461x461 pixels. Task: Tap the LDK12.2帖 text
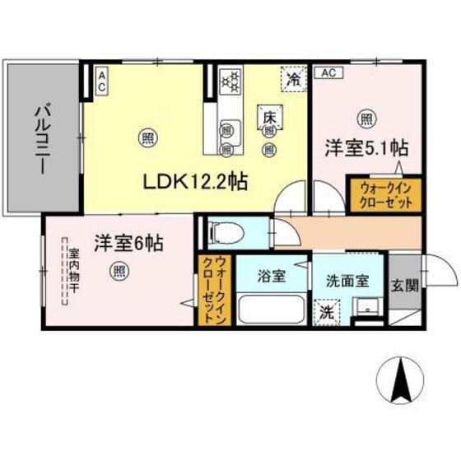pyautogui.click(x=193, y=179)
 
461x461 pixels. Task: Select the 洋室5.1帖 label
pyautogui.click(x=366, y=149)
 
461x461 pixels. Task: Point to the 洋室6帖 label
pyautogui.click(x=128, y=243)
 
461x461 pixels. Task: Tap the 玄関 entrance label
pyautogui.click(x=403, y=286)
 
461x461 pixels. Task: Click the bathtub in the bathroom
pyautogui.click(x=271, y=310)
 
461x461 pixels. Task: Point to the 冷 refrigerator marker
pyautogui.click(x=293, y=79)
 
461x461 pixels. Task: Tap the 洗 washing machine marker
pyautogui.click(x=327, y=312)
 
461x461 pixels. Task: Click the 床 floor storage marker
pyautogui.click(x=269, y=117)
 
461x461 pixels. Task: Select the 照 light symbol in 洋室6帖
pyautogui.click(x=119, y=269)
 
